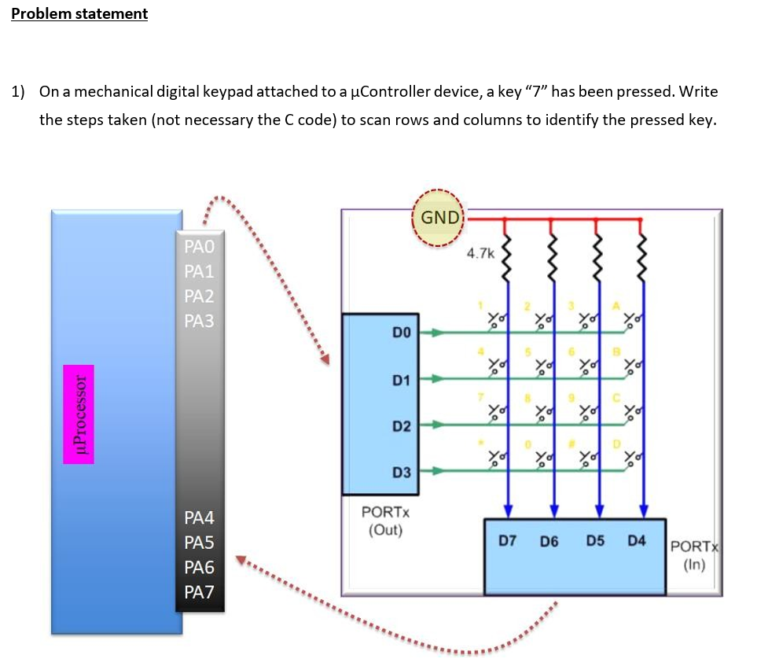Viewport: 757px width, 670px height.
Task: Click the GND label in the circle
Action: tap(440, 217)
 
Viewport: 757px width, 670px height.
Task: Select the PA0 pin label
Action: tap(199, 246)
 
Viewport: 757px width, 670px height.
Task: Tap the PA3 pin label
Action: tap(199, 321)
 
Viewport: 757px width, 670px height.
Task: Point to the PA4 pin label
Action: tap(199, 517)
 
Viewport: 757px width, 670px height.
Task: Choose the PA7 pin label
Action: tap(199, 592)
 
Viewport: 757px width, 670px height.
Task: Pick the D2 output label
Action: tap(401, 426)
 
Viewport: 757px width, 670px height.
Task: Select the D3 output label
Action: tap(401, 472)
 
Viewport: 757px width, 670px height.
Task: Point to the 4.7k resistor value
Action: tap(480, 253)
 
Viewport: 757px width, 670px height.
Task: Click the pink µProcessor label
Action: tap(79, 414)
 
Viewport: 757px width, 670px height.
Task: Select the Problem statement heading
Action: tap(79, 13)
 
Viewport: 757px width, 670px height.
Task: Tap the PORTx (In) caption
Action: tap(695, 555)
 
